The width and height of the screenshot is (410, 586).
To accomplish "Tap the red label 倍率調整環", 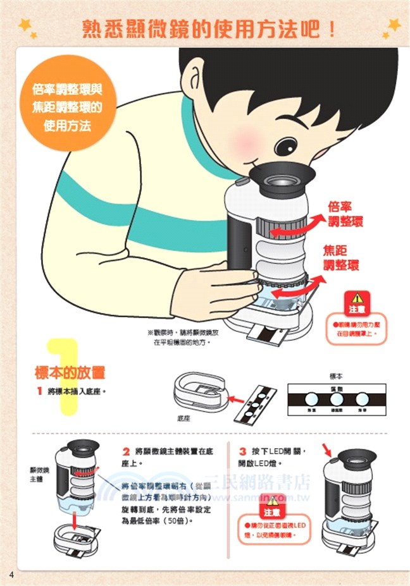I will (x=345, y=214).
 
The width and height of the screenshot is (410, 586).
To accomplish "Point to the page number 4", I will (x=11, y=573).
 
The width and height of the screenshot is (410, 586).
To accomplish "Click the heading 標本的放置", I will (x=70, y=372).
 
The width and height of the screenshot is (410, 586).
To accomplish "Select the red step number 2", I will (x=126, y=452).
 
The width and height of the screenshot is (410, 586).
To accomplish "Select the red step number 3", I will (x=242, y=452).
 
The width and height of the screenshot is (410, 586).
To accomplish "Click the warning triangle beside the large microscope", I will (x=357, y=297).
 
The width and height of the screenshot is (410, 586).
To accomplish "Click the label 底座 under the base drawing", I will (x=184, y=418).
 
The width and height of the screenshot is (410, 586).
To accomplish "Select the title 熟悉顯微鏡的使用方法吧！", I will (x=209, y=28).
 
